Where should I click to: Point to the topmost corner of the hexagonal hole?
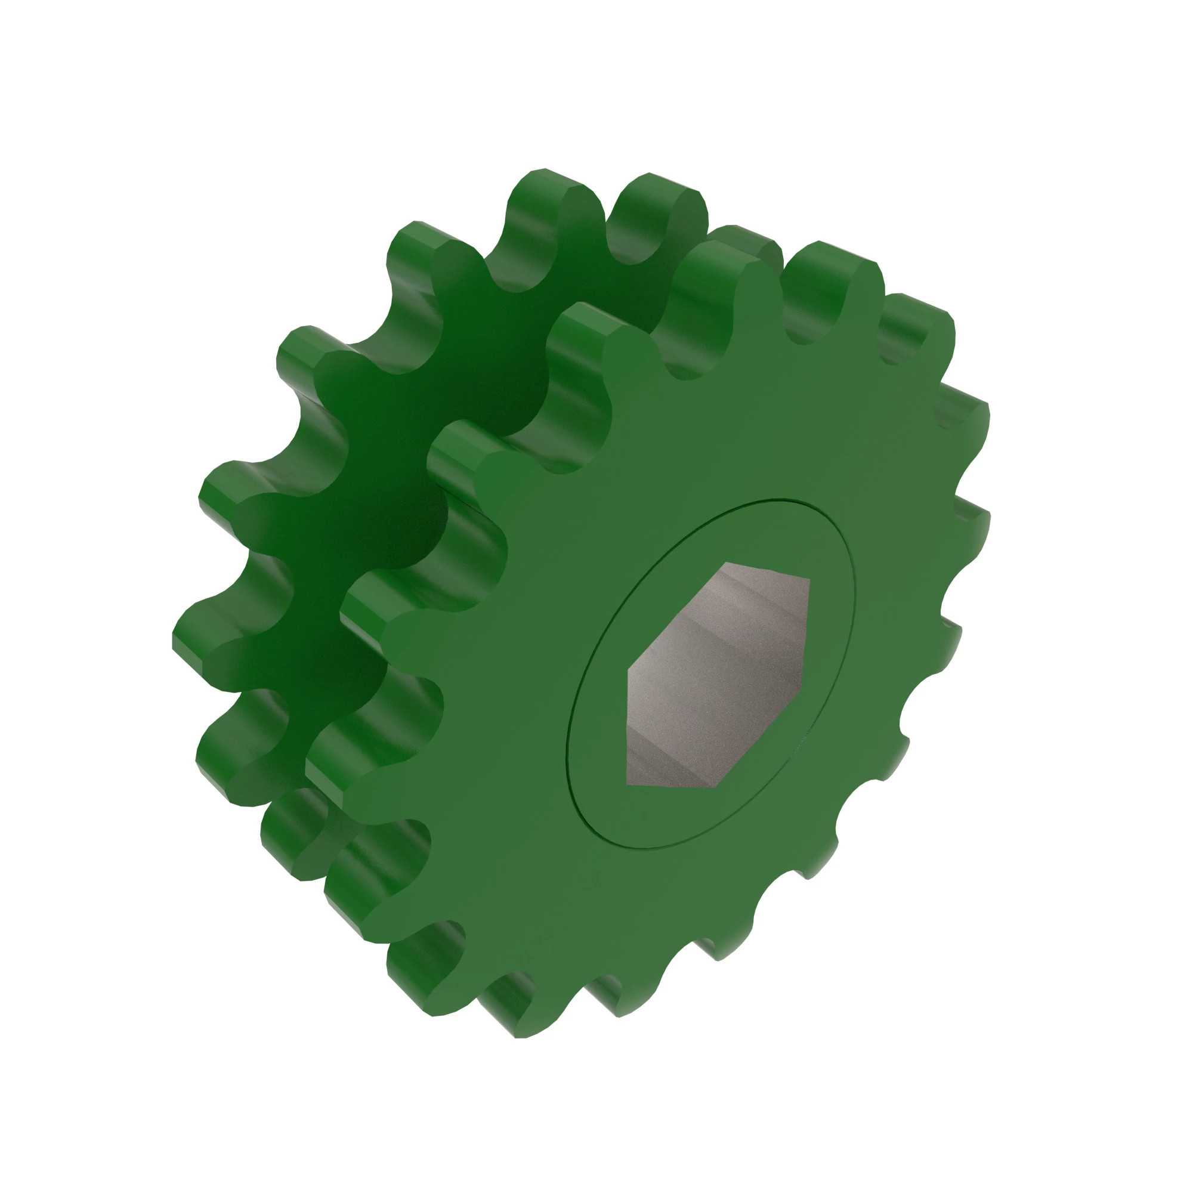(x=727, y=563)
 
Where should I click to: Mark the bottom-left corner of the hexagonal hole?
(x=627, y=785)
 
